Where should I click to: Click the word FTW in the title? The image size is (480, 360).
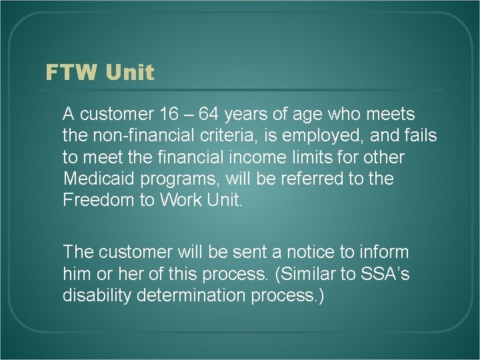70,72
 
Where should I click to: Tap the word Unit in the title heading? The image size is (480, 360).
128,72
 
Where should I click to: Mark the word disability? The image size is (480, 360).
93,295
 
